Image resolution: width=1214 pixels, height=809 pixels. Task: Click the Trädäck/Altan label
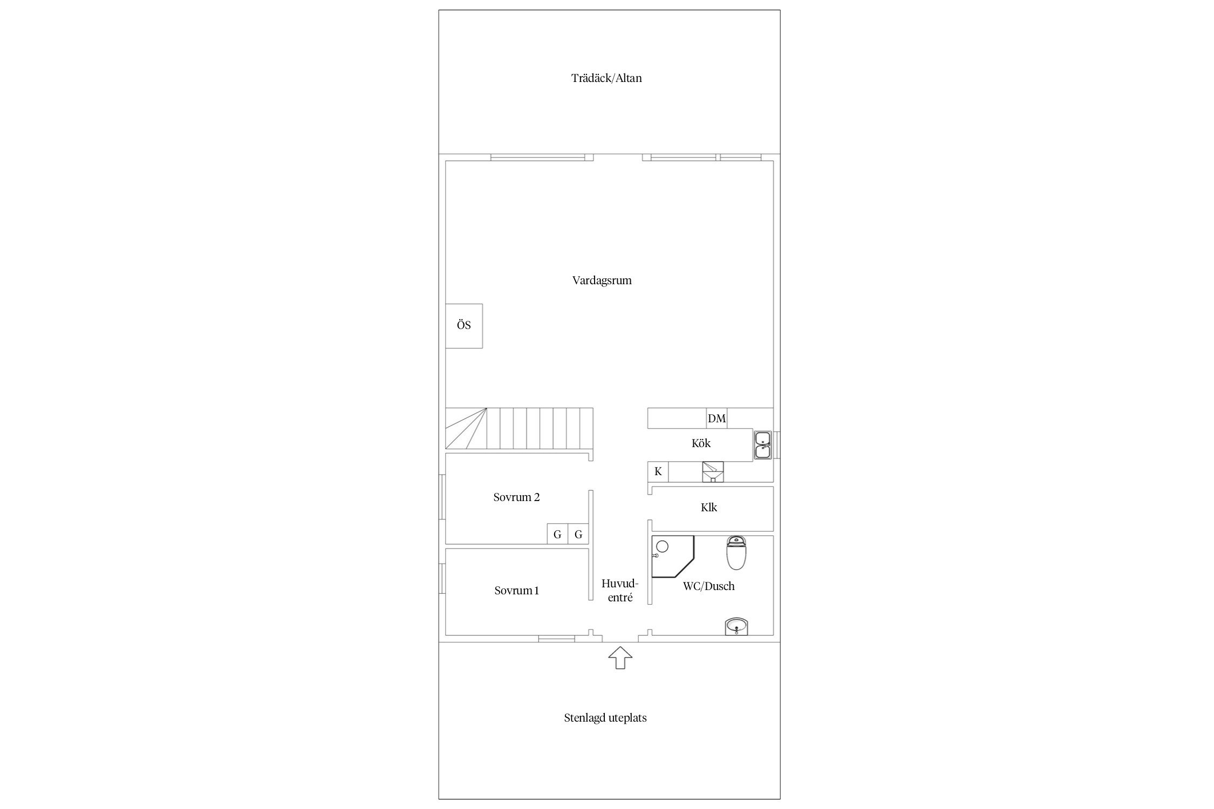point(606,78)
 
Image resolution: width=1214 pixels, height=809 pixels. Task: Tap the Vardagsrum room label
point(602,280)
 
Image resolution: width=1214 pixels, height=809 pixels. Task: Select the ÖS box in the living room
point(464,326)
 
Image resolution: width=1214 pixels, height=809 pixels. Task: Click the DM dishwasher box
point(717,419)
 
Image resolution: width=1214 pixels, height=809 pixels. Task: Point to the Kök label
point(701,443)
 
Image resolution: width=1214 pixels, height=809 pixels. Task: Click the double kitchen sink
point(763,445)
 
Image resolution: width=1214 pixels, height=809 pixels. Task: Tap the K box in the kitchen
point(658,472)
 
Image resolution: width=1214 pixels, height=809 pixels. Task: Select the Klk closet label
point(709,508)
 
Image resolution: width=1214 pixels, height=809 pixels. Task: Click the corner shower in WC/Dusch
point(672,556)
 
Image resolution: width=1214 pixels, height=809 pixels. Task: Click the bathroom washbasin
point(736,627)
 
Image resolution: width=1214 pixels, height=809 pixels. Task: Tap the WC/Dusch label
point(708,586)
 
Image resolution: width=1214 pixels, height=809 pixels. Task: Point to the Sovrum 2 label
point(516,497)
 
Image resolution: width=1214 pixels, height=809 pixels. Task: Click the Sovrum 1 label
point(516,591)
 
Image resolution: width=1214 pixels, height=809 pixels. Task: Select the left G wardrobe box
point(557,534)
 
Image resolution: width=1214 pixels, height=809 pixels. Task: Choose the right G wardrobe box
point(578,534)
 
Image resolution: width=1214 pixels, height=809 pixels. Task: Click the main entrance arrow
point(620,657)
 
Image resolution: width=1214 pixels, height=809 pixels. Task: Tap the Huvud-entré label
point(620,591)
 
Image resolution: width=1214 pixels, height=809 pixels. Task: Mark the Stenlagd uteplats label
point(605,718)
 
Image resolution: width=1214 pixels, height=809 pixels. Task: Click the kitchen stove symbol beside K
point(713,472)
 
